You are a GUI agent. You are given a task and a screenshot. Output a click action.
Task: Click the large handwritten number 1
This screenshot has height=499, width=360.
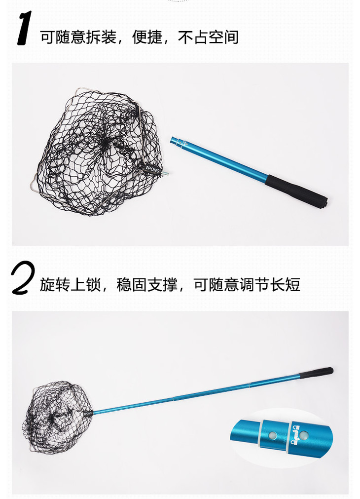(x=25, y=28)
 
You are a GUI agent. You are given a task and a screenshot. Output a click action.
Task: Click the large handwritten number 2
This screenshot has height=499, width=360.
(x=23, y=277)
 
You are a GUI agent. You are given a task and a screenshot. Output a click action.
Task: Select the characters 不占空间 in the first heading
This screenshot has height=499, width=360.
(x=208, y=37)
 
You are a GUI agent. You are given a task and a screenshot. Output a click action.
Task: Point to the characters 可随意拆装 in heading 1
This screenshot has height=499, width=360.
(x=78, y=37)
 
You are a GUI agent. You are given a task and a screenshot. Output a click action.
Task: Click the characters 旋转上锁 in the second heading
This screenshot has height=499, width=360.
(x=71, y=284)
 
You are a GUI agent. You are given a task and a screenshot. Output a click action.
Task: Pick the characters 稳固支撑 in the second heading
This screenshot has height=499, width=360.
(x=147, y=284)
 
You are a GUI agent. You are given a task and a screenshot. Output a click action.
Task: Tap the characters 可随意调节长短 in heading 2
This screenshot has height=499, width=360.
(x=247, y=284)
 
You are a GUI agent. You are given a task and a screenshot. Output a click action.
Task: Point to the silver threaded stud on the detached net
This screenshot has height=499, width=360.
(x=165, y=173)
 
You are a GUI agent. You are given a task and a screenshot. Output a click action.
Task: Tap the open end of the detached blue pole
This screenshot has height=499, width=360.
(x=173, y=140)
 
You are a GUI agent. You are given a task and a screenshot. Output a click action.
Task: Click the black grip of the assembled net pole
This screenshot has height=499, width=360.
(x=317, y=373)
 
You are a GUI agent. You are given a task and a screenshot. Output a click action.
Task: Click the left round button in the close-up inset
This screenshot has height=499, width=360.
(x=273, y=435)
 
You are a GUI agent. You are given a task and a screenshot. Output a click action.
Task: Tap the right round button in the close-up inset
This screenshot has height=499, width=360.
(x=304, y=435)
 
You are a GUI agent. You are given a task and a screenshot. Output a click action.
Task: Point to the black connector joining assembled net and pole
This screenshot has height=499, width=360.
(x=88, y=414)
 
